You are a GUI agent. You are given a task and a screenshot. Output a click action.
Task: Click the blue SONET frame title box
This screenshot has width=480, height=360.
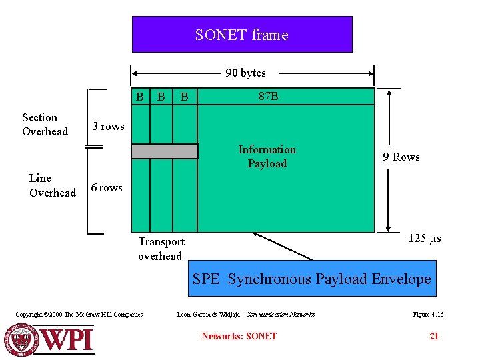click(241, 35)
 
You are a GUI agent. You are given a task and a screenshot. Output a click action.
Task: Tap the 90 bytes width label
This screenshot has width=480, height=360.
click(245, 73)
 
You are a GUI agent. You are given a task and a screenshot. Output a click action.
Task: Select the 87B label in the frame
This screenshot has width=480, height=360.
click(268, 97)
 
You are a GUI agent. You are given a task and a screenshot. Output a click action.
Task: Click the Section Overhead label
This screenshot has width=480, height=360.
click(45, 125)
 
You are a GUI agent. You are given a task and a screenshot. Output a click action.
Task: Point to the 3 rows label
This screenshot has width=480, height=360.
click(108, 127)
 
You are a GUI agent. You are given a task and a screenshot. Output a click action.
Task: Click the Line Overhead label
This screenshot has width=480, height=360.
click(52, 185)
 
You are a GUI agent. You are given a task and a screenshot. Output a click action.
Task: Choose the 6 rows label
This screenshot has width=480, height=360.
click(107, 188)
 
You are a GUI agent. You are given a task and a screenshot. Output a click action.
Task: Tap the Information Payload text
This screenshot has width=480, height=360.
click(267, 157)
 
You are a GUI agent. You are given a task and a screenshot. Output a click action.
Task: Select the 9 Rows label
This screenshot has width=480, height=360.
click(401, 157)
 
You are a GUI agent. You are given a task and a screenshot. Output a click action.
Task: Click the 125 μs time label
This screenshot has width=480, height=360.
click(425, 239)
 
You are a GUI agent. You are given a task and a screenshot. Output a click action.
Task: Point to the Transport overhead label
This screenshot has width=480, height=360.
click(161, 249)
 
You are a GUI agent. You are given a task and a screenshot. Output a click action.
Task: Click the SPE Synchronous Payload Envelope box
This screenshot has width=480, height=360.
click(312, 279)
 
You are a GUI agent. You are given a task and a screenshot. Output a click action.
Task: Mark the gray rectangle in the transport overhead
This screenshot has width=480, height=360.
click(165, 151)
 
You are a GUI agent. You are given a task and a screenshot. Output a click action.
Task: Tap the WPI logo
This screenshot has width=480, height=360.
click(49, 339)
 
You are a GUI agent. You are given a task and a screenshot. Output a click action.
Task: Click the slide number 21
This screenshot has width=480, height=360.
click(434, 336)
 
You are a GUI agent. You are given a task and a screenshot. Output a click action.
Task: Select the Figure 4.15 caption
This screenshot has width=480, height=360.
click(428, 314)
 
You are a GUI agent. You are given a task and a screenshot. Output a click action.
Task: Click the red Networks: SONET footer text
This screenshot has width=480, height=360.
click(239, 336)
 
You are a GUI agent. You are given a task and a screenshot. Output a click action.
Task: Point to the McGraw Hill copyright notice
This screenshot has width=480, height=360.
click(79, 314)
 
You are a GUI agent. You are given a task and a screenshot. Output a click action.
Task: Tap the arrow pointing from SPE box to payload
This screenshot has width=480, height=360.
click(283, 246)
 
